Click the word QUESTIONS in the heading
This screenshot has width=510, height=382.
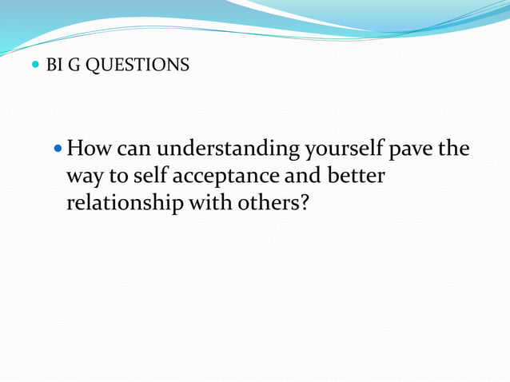(137, 66)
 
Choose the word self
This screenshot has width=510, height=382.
(153, 175)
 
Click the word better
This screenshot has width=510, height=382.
(357, 175)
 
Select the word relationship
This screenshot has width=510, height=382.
(124, 202)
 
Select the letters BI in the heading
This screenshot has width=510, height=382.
(55, 66)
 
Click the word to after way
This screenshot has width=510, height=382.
(119, 176)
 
